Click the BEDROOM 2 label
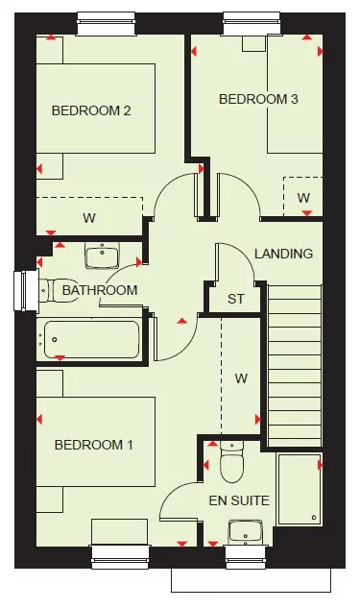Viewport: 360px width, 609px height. tap(91, 110)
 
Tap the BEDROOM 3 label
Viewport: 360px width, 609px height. tap(253, 99)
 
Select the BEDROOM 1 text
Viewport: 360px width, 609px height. tap(93, 445)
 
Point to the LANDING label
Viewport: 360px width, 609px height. tap(283, 255)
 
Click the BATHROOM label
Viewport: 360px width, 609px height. tap(100, 290)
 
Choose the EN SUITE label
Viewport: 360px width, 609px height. tap(239, 500)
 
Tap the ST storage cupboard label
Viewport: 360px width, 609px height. tap(236, 299)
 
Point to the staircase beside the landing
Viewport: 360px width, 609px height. tap(294, 365)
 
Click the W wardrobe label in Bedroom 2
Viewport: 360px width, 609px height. tap(89, 218)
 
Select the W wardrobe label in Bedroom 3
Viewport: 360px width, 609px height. tap(303, 198)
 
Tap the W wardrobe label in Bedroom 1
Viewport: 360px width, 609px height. tap(241, 378)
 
